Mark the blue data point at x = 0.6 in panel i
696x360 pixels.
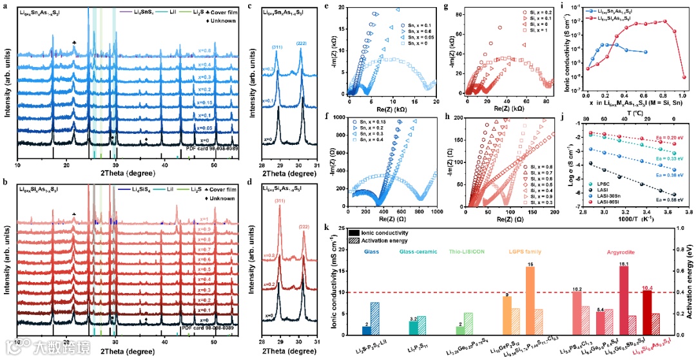646,53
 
